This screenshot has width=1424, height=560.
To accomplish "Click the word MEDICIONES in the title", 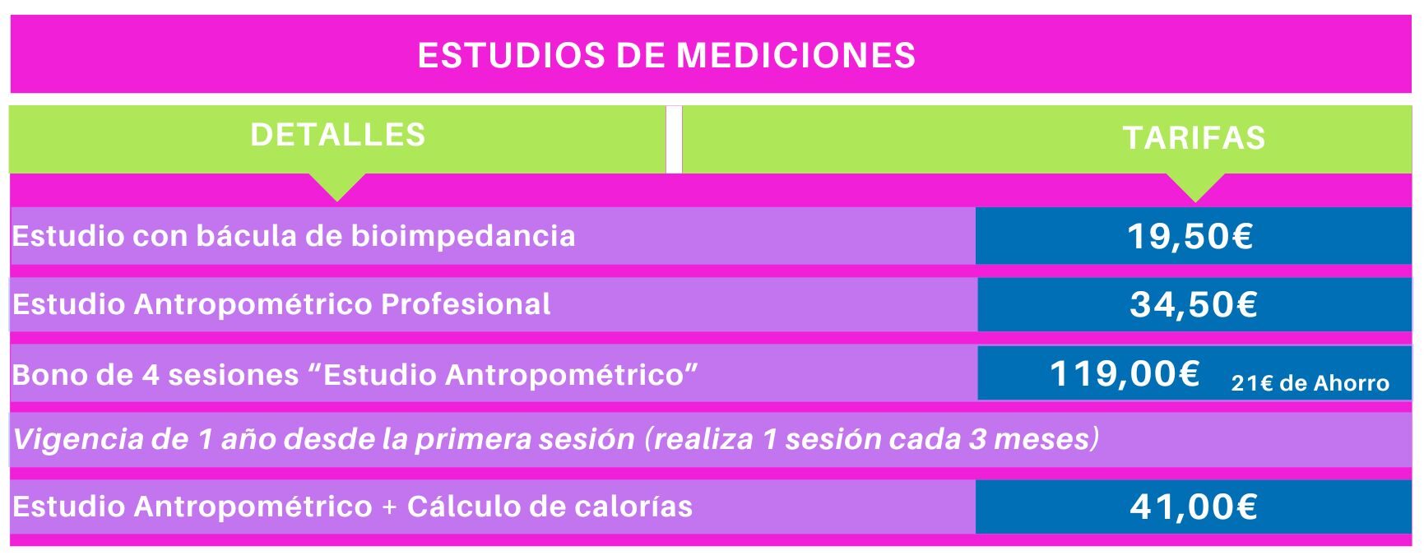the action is (x=795, y=55).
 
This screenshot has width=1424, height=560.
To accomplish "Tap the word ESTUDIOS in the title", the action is (x=511, y=55).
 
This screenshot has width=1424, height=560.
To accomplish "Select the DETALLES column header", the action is (x=337, y=135).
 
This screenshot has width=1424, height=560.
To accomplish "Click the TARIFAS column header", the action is (x=1194, y=138).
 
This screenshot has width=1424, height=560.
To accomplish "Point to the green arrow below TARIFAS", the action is (x=1195, y=187).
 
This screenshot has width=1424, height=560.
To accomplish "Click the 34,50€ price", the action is (x=1194, y=305).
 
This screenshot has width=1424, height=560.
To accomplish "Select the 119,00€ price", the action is (x=1125, y=374).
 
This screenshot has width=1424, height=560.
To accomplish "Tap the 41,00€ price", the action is (x=1194, y=507).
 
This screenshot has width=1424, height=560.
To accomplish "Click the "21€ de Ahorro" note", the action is (x=1310, y=383).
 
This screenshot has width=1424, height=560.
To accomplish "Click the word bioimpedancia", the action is (x=463, y=236).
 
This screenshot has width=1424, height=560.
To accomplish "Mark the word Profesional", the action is (x=466, y=304).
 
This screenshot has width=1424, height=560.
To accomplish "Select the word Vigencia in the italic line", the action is (x=79, y=439).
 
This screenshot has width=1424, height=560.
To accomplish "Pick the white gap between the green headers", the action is (x=674, y=139).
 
